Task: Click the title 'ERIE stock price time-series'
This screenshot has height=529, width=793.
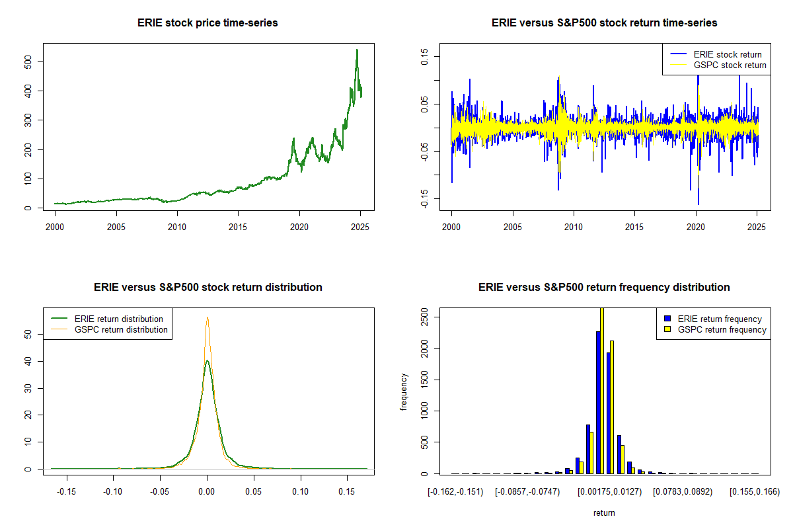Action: [x=208, y=23]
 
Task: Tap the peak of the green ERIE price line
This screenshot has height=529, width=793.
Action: [x=357, y=50]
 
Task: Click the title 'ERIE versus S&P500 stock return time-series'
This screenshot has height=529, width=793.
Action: [x=604, y=23]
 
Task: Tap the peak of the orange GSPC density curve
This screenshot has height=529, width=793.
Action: [x=208, y=317]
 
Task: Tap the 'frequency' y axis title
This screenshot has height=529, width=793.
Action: [x=404, y=391]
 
